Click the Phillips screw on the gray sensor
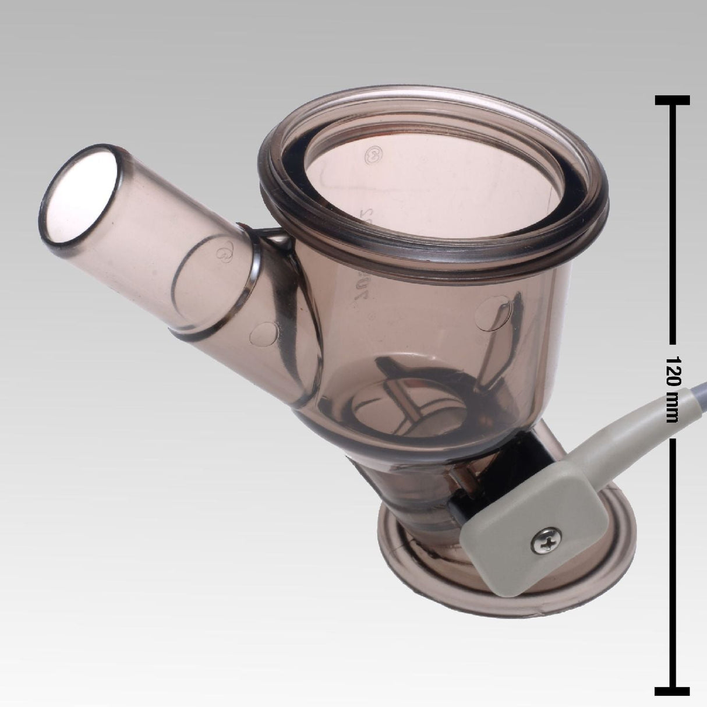(x=540, y=545)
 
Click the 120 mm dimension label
(x=674, y=381)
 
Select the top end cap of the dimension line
(x=673, y=100)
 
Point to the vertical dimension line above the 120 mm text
(x=673, y=221)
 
